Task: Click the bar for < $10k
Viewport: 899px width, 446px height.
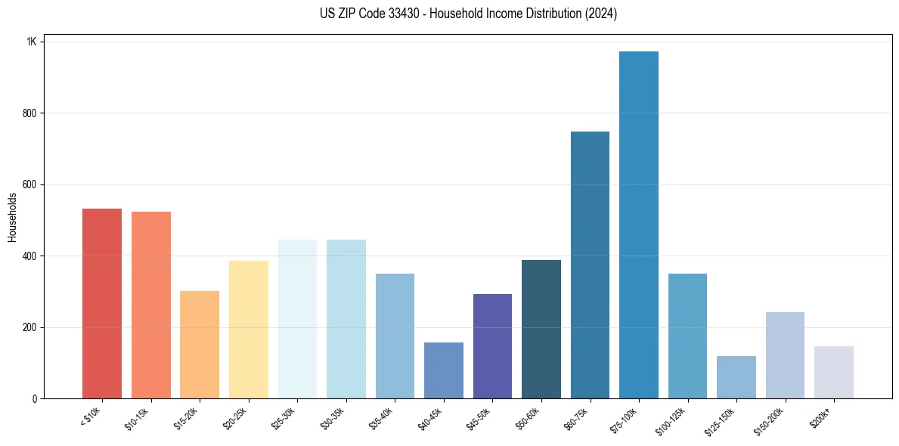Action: [101, 303]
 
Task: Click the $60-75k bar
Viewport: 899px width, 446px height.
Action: [590, 265]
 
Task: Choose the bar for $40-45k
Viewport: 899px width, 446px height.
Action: [443, 370]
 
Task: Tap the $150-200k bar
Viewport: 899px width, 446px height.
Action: [785, 355]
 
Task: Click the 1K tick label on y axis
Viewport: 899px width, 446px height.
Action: [31, 42]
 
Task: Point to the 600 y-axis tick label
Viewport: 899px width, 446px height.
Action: [29, 184]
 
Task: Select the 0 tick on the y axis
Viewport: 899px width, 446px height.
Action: [34, 398]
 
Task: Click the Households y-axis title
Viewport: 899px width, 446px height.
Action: [13, 217]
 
